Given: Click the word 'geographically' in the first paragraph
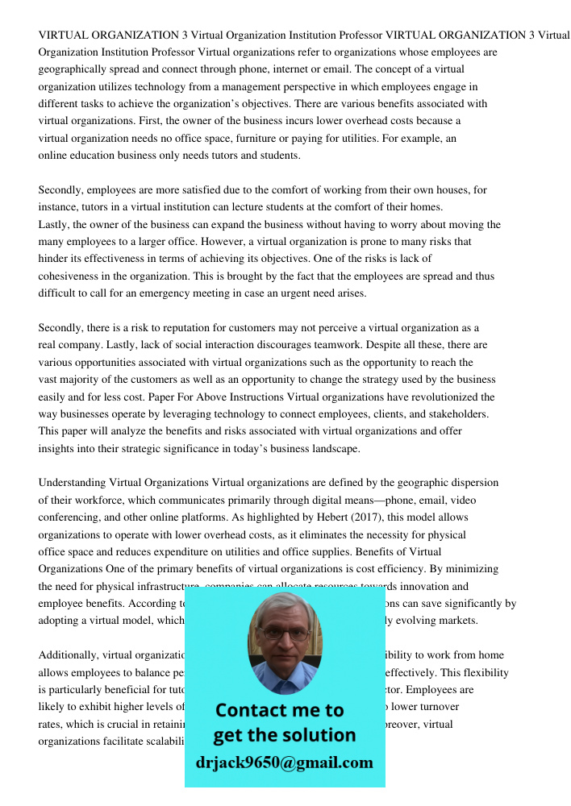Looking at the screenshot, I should [73, 69].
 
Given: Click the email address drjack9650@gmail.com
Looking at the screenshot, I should [285, 762].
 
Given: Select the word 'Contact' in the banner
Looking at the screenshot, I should [251, 710].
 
